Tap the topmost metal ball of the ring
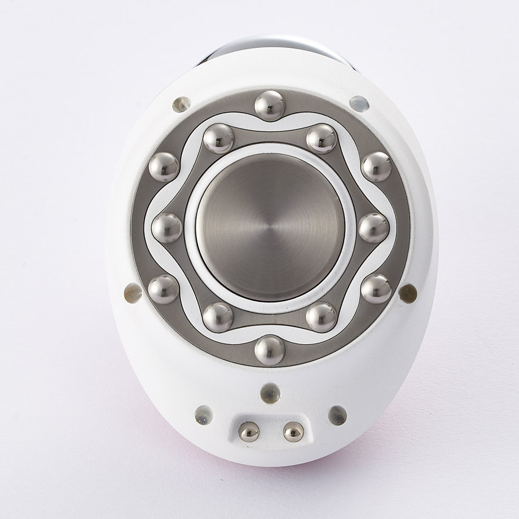pyautogui.click(x=270, y=105)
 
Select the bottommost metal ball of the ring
pyautogui.click(x=270, y=350)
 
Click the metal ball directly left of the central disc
pyautogui.click(x=167, y=228)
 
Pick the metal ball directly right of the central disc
pyautogui.click(x=373, y=228)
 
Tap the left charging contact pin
pyautogui.click(x=249, y=432)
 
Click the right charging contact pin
pyautogui.click(x=293, y=432)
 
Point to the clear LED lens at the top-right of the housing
pyautogui.click(x=359, y=104)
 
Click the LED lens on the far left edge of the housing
pyautogui.click(x=133, y=293)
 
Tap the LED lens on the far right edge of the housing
pyautogui.click(x=407, y=292)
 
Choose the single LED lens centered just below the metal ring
pyautogui.click(x=270, y=393)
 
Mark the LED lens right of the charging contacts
pyautogui.click(x=337, y=415)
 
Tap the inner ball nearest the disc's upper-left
pyautogui.click(x=218, y=139)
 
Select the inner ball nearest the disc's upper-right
pyautogui.click(x=322, y=139)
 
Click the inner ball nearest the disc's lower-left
pyautogui.click(x=218, y=317)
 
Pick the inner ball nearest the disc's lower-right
pyautogui.click(x=322, y=317)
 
